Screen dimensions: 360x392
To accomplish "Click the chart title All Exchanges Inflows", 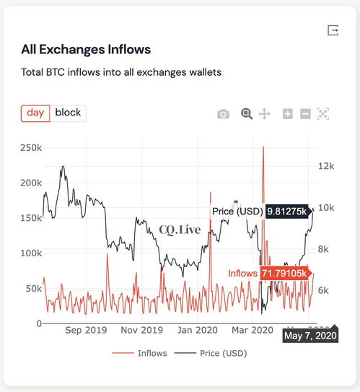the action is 86,49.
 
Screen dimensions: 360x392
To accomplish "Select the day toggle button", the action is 35,113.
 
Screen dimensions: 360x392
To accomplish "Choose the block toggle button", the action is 68,113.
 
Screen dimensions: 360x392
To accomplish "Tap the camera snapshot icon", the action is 224,114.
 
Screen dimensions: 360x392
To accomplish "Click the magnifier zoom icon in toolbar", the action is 247,114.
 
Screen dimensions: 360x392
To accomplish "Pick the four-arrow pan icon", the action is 264,114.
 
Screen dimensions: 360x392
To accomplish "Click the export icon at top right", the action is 333,30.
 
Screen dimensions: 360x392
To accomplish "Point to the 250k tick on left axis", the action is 31,148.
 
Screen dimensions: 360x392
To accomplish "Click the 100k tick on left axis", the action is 31,253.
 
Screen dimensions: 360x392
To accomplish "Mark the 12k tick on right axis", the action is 326,166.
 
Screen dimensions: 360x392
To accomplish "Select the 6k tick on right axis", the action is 323,290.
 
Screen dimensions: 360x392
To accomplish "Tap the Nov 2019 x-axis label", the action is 142,330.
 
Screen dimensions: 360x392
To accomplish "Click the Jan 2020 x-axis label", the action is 198,330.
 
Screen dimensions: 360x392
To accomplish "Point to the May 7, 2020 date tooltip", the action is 310,336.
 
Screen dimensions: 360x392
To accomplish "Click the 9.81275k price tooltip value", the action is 287,212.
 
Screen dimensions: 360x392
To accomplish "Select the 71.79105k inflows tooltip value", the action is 284,274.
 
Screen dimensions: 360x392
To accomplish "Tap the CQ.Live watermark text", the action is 180,230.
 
